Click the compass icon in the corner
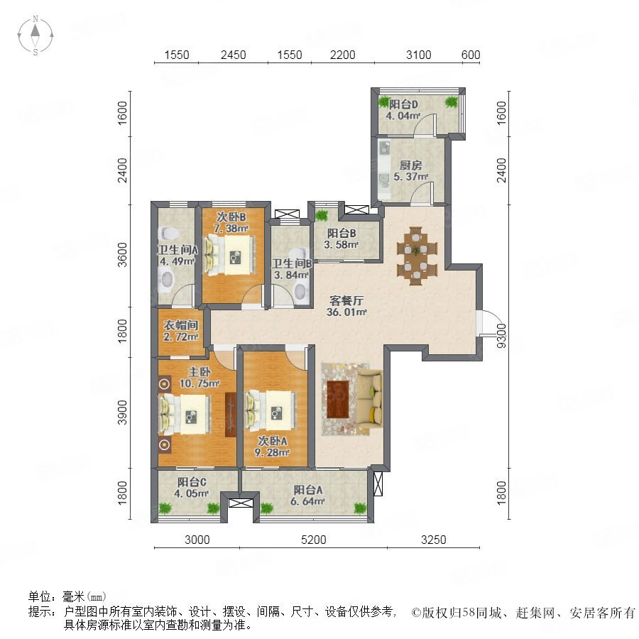click(x=35, y=35)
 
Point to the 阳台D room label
click(x=403, y=105)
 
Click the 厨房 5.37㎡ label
click(x=410, y=170)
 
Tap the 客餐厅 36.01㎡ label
click(x=346, y=307)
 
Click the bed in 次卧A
click(x=271, y=411)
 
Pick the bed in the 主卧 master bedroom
click(x=186, y=415)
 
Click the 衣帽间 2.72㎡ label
click(x=181, y=331)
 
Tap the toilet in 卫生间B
click(x=300, y=292)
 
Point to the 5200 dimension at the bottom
click(x=313, y=540)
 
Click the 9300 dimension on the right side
click(x=501, y=335)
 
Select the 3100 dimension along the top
click(x=418, y=55)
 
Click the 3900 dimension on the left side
click(x=122, y=413)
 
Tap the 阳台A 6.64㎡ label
click(x=307, y=496)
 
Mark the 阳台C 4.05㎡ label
click(x=192, y=488)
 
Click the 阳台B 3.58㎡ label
click(x=342, y=239)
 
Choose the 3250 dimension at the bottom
click(x=434, y=540)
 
